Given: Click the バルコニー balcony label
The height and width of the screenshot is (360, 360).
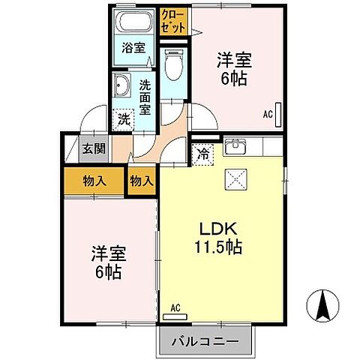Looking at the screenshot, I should (x=205, y=342).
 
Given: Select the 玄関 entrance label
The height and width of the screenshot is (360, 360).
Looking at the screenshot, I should (x=94, y=148).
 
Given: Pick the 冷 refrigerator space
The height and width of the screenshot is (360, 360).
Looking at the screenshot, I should (x=202, y=155).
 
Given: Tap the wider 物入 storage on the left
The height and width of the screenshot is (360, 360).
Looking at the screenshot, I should (x=94, y=181).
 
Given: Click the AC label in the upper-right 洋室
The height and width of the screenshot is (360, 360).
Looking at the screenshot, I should (x=268, y=115).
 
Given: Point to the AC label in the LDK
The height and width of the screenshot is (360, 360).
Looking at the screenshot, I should (x=175, y=307).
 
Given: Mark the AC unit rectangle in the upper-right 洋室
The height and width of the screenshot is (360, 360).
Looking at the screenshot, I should (x=279, y=113).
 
